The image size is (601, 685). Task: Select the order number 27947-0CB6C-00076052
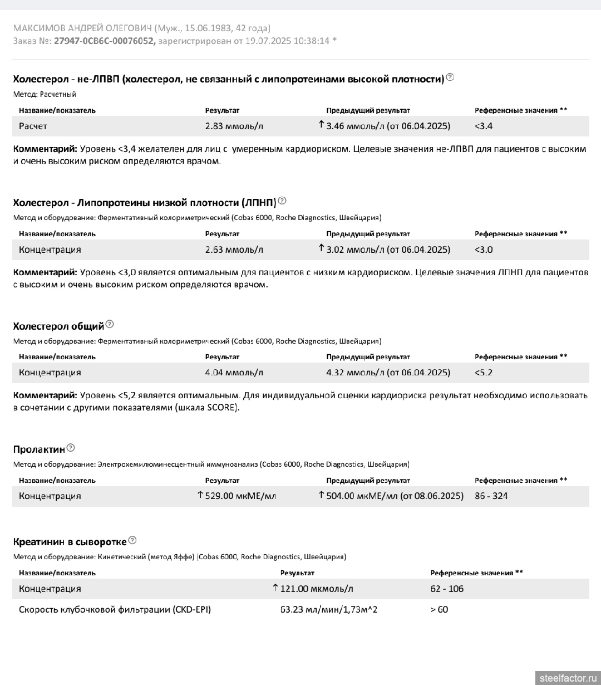tap(105, 41)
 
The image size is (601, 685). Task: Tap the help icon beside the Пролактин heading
tap(71, 448)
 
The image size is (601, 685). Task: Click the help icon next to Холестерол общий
tap(110, 324)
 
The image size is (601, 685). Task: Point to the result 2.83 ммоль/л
tap(234, 126)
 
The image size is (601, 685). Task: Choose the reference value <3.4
tap(484, 126)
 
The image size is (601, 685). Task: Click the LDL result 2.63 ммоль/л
tap(234, 249)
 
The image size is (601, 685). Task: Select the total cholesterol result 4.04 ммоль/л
tap(234, 373)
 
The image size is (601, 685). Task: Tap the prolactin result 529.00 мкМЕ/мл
tap(240, 496)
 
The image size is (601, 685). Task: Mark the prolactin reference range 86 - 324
tap(491, 496)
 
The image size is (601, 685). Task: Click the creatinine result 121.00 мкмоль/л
tap(316, 589)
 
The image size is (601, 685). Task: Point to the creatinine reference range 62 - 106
tap(447, 589)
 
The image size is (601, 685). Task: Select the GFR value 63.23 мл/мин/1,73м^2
tap(328, 609)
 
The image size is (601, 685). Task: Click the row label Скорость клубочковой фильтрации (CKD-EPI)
tap(115, 609)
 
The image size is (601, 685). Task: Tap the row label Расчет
tap(33, 126)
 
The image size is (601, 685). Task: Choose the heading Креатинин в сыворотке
tap(70, 541)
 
